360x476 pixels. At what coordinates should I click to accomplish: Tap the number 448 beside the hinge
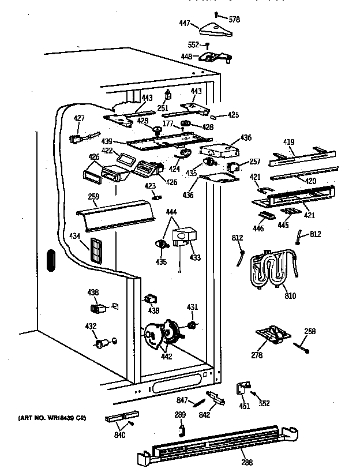point(188,57)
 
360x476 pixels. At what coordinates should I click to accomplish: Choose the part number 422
point(107,151)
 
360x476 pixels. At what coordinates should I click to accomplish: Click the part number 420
point(310,181)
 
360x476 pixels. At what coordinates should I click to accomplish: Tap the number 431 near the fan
point(192,306)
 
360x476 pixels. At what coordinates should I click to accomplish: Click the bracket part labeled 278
point(272,335)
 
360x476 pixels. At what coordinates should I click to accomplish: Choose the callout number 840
point(121,435)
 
